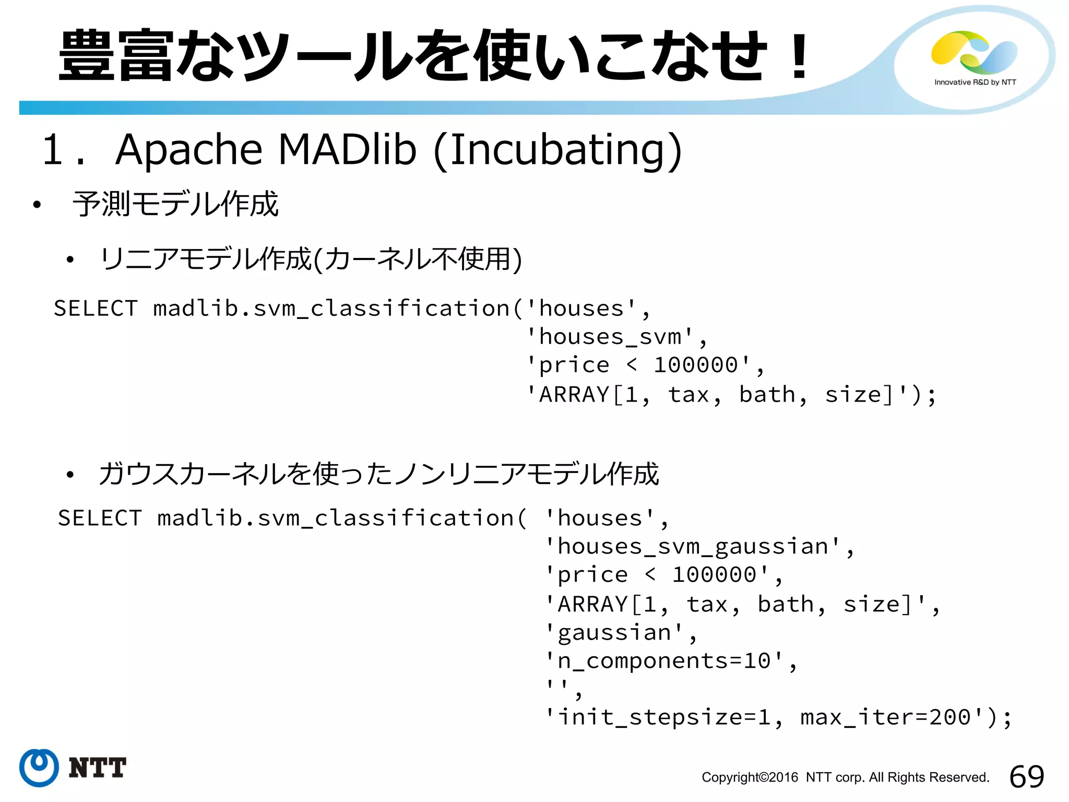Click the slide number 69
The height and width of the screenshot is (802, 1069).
(1026, 776)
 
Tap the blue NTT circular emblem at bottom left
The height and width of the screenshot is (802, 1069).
(39, 768)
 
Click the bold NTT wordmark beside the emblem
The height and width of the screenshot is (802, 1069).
(98, 768)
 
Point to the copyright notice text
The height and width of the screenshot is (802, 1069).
(845, 777)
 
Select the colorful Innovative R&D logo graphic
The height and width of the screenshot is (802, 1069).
(974, 52)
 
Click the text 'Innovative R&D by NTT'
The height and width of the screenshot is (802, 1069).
(975, 82)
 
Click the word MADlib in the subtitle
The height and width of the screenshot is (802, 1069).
(347, 150)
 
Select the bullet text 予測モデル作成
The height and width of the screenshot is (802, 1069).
(175, 204)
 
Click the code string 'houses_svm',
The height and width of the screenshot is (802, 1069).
(616, 337)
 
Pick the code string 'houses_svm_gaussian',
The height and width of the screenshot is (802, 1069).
(699, 547)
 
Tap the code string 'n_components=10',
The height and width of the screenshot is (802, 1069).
(671, 661)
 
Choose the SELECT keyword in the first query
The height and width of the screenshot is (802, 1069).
(96, 309)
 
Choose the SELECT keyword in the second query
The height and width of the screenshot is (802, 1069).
(100, 518)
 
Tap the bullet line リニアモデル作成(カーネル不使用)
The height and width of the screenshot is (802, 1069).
(311, 259)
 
